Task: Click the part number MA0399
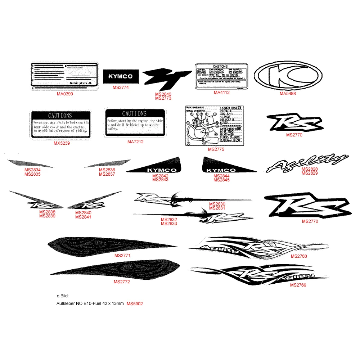tap(65, 94)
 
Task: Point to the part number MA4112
tap(221, 93)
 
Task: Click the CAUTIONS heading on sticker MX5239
tap(60, 116)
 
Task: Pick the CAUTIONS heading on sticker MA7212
tap(134, 113)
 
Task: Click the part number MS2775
tap(216, 149)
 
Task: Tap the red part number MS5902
tap(135, 304)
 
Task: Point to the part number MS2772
tap(122, 282)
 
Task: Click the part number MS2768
tap(299, 256)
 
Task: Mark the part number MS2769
tap(298, 285)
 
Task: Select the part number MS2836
tap(107, 170)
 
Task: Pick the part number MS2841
tap(83, 217)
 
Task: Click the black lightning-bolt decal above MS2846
tap(166, 80)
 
